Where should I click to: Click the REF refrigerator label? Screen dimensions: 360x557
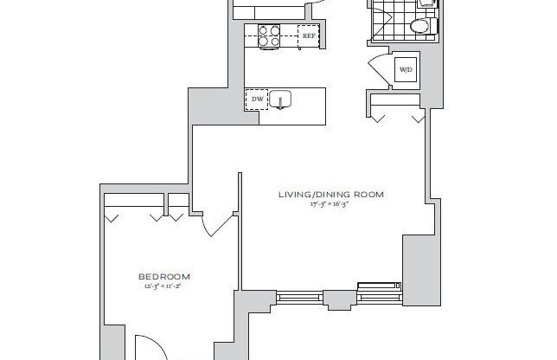[x=308, y=35]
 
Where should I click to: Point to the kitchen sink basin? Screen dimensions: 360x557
[x=281, y=100]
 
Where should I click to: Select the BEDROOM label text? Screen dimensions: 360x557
[x=164, y=277]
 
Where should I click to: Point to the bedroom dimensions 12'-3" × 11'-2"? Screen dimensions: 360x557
[x=164, y=287]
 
